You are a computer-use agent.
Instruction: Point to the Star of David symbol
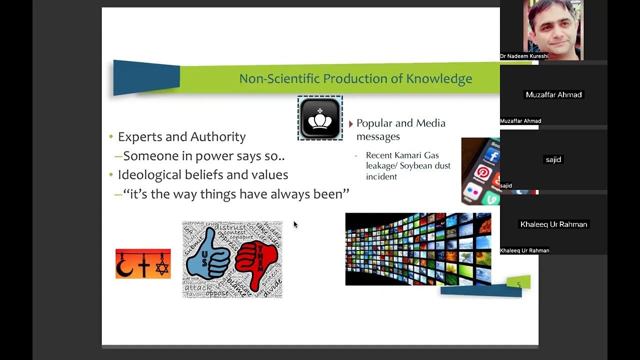coord(161,266)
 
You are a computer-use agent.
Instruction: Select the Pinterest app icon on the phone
coord(482,173)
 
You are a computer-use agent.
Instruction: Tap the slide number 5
coord(518,285)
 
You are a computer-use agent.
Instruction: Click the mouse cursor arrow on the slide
coord(295,224)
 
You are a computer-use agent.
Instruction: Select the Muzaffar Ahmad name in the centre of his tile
coord(553,94)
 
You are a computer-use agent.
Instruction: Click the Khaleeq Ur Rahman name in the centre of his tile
coord(553,224)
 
